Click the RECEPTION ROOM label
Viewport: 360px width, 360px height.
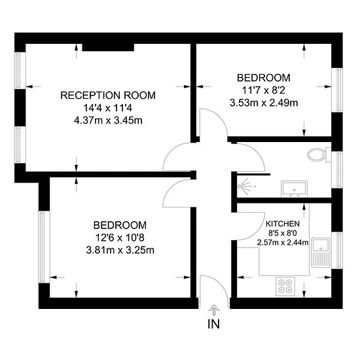pos(108,96)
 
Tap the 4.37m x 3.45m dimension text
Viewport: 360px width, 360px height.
pos(108,120)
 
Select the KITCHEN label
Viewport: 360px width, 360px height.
pos(283,224)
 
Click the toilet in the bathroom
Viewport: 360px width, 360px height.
pos(319,154)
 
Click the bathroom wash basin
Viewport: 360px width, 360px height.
pos(295,189)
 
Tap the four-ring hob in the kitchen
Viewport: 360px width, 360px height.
pos(285,286)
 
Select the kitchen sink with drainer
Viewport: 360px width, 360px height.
pos(321,253)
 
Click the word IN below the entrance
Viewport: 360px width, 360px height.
pos(213,324)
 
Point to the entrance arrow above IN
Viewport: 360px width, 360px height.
pos(214,310)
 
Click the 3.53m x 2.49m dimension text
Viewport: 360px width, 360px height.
pos(264,103)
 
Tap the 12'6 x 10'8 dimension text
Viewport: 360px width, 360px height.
pos(120,238)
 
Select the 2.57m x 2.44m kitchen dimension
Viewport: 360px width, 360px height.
pos(283,242)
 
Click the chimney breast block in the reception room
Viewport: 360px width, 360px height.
pos(108,47)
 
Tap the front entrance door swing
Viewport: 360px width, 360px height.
pos(214,291)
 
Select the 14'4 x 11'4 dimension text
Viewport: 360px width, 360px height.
pos(108,108)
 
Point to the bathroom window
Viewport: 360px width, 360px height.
pos(337,170)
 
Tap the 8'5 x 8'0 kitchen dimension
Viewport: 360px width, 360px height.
pos(283,233)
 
